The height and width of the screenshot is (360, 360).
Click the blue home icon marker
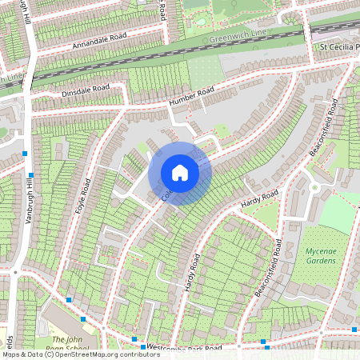click(x=180, y=172)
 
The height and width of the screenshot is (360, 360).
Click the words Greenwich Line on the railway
click(x=238, y=36)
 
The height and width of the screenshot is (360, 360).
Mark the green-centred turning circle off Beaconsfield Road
click(x=314, y=188)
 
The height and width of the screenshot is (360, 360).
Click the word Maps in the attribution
click(x=12, y=354)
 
